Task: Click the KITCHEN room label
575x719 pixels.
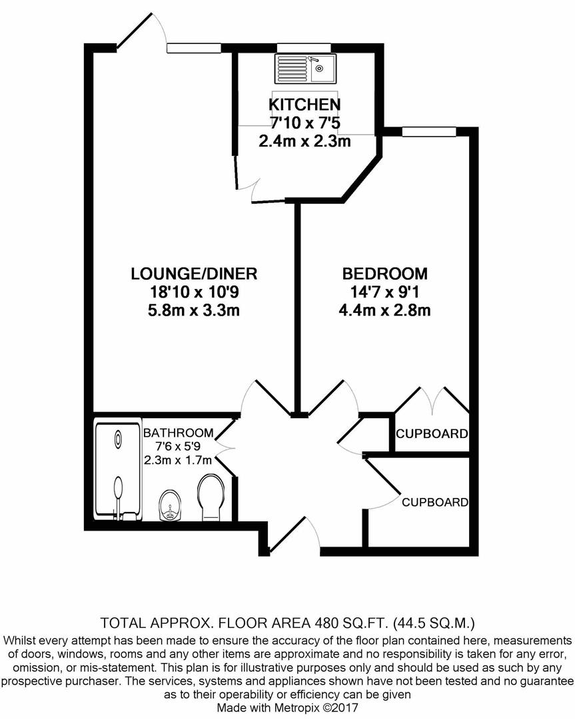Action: tap(304, 105)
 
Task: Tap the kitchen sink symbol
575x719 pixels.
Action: tap(306, 67)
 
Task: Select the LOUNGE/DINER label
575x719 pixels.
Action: tap(193, 274)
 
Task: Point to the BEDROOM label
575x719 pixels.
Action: tap(384, 274)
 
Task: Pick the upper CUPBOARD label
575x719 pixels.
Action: tap(432, 434)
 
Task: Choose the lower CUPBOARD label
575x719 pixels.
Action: tap(434, 503)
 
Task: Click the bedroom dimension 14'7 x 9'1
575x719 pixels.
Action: tap(384, 292)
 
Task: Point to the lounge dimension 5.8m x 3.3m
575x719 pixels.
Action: tap(193, 310)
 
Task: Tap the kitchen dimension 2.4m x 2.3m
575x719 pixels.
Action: tap(304, 140)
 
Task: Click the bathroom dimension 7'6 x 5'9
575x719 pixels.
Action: tap(177, 447)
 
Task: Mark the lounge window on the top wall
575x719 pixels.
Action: tap(194, 47)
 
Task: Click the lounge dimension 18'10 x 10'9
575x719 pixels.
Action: tap(193, 292)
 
